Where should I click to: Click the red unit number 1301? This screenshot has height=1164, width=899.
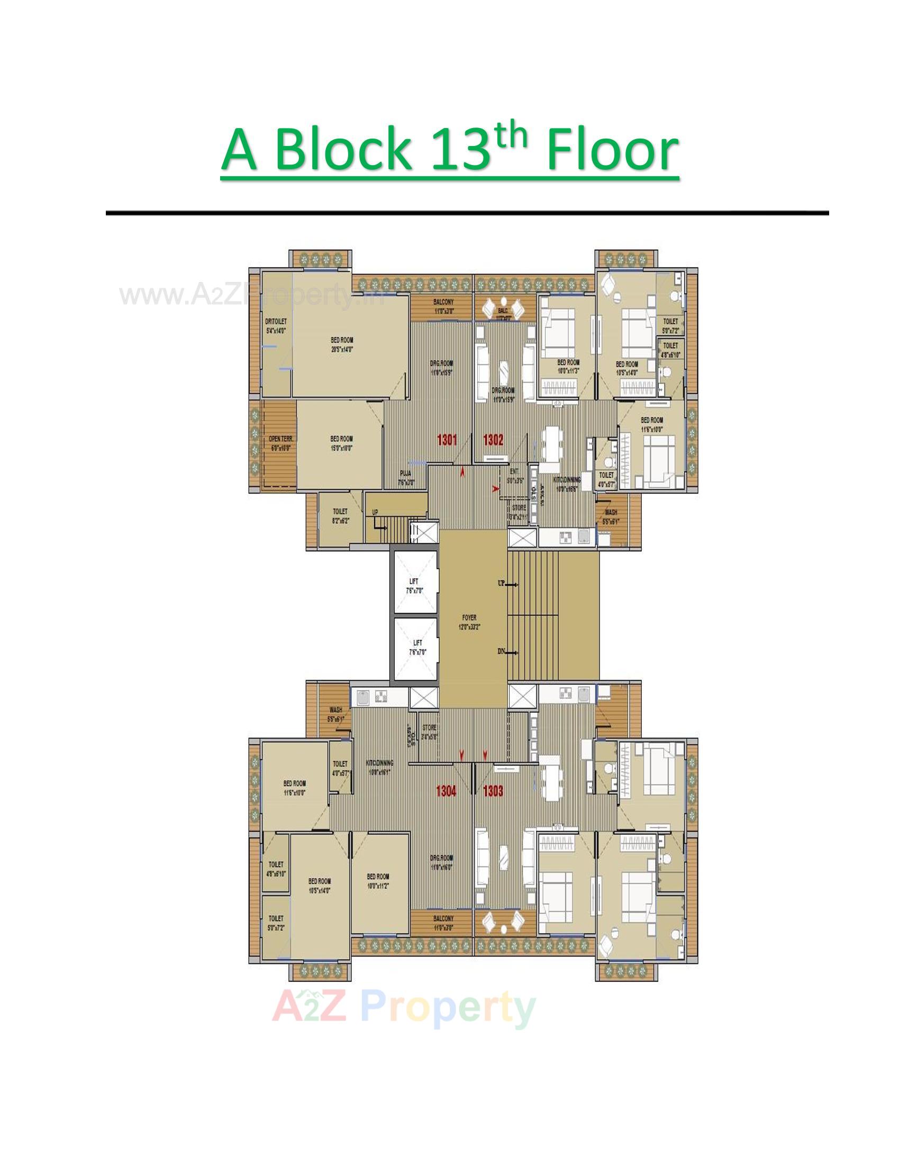(447, 440)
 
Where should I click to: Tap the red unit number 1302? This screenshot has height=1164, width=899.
(493, 440)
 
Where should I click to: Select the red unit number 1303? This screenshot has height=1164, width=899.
(493, 792)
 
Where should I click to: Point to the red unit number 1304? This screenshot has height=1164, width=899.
(446, 792)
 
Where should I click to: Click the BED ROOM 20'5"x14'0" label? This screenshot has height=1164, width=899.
(342, 344)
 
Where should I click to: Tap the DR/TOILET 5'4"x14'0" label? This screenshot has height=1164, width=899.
(276, 325)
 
